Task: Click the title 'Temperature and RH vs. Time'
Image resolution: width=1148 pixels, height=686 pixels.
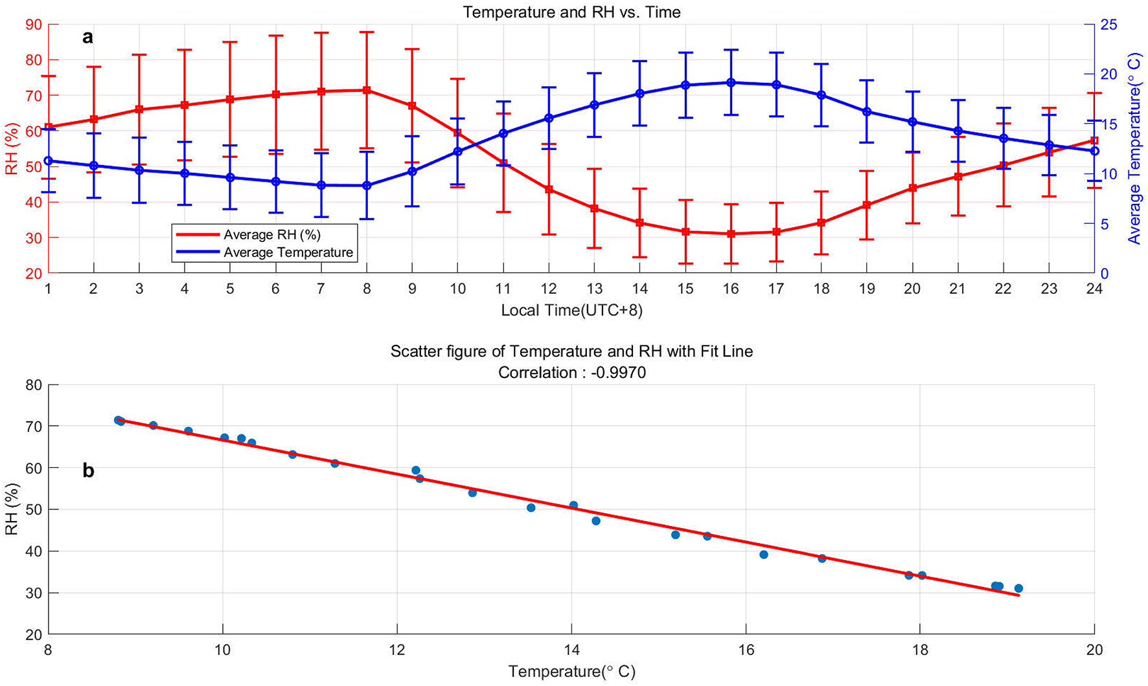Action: (x=571, y=12)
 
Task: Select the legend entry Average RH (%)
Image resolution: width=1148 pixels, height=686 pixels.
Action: (x=272, y=234)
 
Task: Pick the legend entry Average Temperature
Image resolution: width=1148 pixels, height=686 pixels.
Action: (x=288, y=252)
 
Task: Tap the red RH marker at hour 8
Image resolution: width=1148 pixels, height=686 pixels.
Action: (x=367, y=90)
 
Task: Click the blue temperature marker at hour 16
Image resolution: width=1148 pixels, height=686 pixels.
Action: (x=731, y=82)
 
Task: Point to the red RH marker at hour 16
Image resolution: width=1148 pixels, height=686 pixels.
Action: (x=731, y=234)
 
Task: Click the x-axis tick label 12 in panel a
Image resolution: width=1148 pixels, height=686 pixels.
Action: (x=549, y=289)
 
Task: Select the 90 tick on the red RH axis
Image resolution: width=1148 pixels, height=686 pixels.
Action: (x=32, y=25)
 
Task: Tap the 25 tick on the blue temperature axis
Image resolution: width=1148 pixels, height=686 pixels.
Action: (x=1109, y=25)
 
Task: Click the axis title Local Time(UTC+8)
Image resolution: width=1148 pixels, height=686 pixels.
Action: (x=571, y=311)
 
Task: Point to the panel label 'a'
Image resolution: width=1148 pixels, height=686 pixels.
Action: (x=87, y=38)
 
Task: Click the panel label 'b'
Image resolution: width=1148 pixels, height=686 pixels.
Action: (x=88, y=471)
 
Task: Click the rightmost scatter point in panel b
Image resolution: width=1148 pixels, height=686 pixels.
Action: (x=1018, y=588)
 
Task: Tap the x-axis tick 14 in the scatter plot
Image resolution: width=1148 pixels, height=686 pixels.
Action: (x=571, y=649)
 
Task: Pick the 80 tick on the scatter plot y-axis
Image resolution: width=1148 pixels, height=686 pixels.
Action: (x=33, y=385)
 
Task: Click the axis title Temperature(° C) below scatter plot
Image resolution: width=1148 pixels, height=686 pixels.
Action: (x=571, y=672)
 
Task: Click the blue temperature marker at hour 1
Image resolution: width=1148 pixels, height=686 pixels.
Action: (x=48, y=160)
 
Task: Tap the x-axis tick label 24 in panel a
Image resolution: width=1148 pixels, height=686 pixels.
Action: (x=1094, y=289)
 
